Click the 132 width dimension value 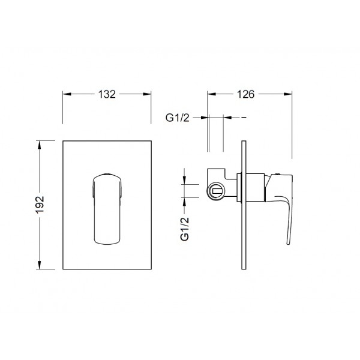(107, 94)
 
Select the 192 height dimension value (40, 205)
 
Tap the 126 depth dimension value (245, 94)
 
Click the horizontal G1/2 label (178, 118)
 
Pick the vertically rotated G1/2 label (185, 229)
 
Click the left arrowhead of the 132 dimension (67, 94)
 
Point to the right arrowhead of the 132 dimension (147, 94)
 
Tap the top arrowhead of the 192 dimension (40, 145)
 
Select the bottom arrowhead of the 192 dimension (40, 265)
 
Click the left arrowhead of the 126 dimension (211, 94)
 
